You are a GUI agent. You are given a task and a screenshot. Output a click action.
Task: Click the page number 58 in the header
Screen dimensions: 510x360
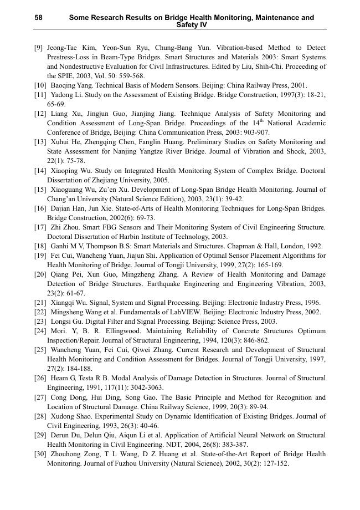coord(38,18)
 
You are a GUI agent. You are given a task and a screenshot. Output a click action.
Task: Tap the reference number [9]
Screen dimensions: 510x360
coord(39,48)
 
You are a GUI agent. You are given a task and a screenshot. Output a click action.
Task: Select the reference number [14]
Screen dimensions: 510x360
coord(40,171)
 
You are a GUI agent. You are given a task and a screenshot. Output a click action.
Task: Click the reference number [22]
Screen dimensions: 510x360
coord(40,312)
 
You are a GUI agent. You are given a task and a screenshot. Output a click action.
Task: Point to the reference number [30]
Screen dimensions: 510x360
coord(40,454)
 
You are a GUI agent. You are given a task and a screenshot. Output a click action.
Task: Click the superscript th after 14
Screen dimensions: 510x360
coord(262,120)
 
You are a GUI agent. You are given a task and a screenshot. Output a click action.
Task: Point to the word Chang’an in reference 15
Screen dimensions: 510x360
coord(61,199)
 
